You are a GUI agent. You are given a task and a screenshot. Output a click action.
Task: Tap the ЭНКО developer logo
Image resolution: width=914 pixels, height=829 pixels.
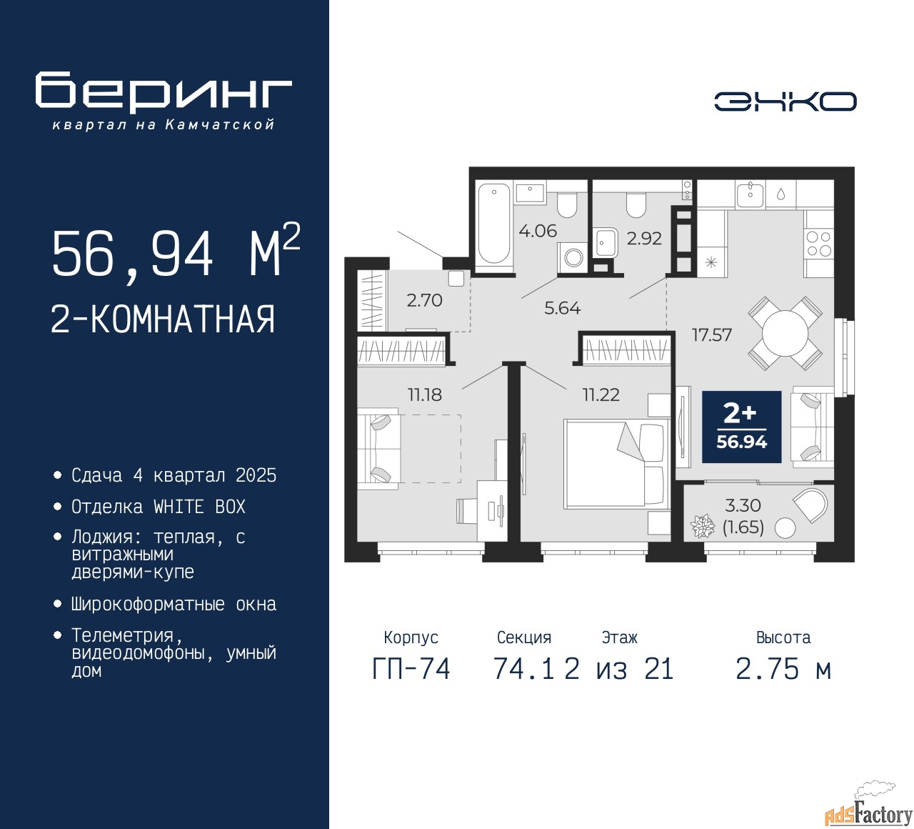(x=785, y=101)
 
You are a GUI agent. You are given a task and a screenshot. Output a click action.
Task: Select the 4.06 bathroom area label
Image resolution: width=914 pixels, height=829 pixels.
(x=538, y=231)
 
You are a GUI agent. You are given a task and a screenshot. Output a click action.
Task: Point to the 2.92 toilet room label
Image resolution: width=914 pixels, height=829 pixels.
(x=644, y=238)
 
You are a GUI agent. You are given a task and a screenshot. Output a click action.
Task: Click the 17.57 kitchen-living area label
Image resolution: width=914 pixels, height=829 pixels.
(x=712, y=335)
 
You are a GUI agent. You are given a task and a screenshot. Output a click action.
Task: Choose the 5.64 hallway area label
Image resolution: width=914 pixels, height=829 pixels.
(x=562, y=308)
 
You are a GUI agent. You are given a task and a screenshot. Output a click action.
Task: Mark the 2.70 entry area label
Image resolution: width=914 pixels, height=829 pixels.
(x=424, y=300)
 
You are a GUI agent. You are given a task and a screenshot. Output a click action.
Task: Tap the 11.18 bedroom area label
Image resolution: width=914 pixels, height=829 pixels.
(x=425, y=394)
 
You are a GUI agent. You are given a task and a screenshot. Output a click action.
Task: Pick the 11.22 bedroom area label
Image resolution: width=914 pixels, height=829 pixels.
(x=601, y=394)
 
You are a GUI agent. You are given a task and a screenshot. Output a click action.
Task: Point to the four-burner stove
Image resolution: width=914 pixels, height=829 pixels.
(x=819, y=244)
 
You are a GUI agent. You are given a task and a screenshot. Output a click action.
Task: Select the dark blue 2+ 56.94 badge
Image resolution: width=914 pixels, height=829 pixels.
(x=741, y=427)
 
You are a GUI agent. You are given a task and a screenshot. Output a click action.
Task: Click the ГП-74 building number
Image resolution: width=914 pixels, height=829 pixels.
(x=411, y=670)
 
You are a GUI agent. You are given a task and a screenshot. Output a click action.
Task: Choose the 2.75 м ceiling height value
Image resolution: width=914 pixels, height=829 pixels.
(x=783, y=670)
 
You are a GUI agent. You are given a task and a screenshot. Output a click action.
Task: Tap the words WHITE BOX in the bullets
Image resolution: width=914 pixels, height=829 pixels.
(x=199, y=507)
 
